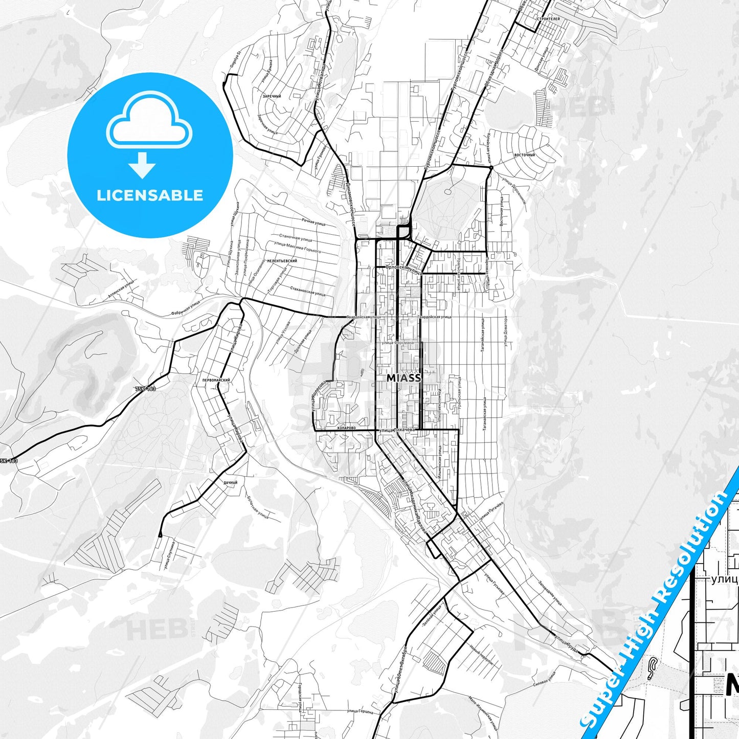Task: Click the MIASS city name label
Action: [404, 378]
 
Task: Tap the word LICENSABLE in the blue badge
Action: [150, 195]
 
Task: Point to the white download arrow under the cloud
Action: [142, 165]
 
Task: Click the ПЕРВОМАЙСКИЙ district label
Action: [216, 380]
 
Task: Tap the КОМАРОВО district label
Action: [346, 428]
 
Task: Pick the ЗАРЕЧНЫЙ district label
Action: [272, 96]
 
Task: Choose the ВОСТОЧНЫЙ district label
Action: [524, 154]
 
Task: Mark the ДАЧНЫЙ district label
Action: [230, 482]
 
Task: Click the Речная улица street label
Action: [313, 222]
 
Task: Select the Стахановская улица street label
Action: [307, 291]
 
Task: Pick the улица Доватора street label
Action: [505, 333]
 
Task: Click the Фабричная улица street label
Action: [185, 308]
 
